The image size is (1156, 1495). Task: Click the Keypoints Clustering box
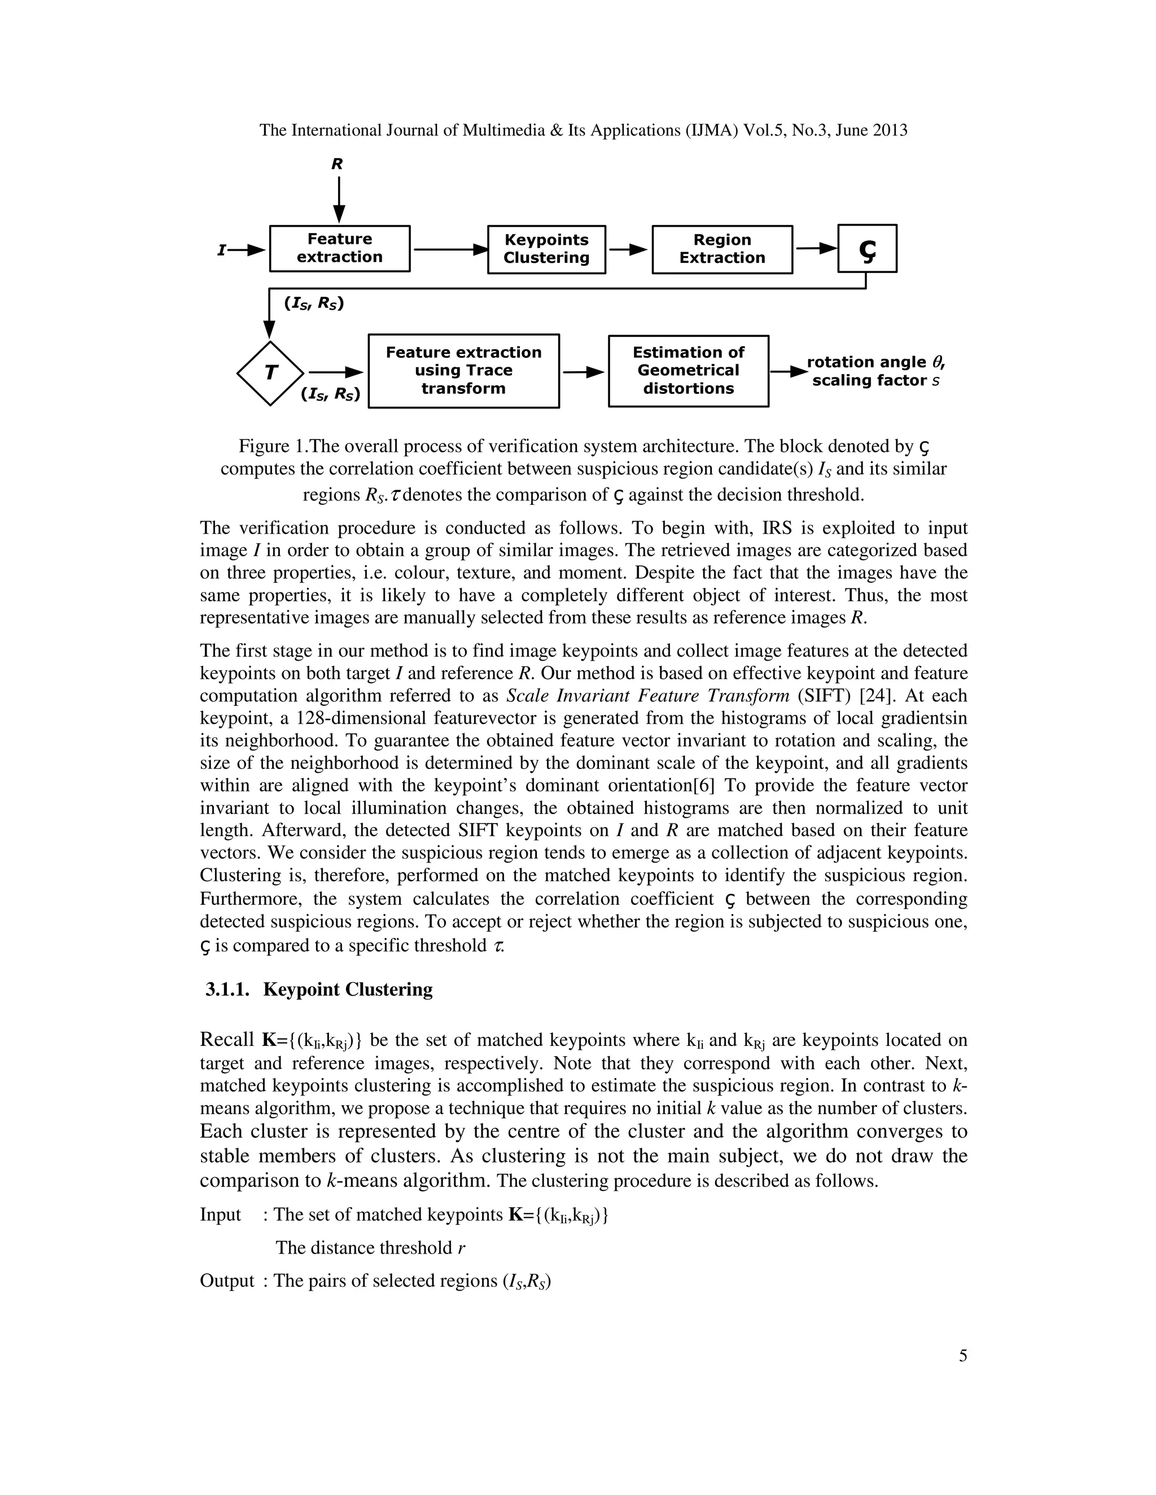[546, 249]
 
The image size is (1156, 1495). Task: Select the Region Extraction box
[722, 249]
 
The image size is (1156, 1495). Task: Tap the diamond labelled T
[270, 373]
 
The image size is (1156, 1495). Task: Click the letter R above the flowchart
[337, 164]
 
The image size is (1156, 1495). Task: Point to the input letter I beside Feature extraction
[221, 250]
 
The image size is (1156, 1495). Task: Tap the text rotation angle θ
[874, 362]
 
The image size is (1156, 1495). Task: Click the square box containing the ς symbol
[866, 248]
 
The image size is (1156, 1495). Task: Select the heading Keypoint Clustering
[347, 990]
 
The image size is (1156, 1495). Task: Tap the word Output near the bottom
[227, 1281]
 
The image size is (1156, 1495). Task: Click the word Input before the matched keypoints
[221, 1215]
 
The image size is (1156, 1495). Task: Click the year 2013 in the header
[890, 130]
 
